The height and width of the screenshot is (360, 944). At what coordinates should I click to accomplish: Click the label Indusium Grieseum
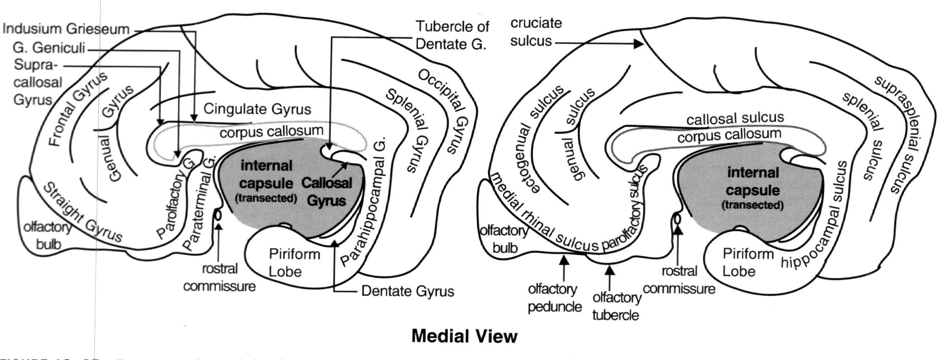66,29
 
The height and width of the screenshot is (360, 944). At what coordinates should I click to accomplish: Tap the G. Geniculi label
49,48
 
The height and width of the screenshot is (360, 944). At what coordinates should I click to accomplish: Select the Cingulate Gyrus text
257,109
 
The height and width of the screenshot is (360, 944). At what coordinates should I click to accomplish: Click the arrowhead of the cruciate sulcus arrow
638,44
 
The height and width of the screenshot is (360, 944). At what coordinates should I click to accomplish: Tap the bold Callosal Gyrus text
326,192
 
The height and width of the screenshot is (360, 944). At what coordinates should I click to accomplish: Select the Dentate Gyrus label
407,291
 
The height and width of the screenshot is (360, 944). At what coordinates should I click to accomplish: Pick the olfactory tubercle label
616,306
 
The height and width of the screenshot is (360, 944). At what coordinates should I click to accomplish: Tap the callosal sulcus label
735,119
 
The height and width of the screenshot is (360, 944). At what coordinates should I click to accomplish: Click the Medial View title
464,336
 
